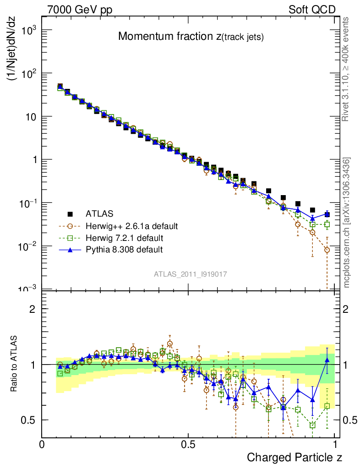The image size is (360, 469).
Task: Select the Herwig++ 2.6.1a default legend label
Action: [131, 226]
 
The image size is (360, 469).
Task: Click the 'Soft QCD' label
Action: [311, 10]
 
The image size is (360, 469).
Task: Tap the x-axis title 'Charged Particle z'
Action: [295, 457]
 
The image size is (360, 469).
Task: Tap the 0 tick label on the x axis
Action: [42, 445]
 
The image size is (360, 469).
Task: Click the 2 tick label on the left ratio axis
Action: [33, 309]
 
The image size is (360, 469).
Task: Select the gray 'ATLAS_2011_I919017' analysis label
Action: [191, 274]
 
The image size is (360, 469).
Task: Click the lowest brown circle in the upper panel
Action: [327, 250]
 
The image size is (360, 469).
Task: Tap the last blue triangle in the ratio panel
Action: [327, 360]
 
